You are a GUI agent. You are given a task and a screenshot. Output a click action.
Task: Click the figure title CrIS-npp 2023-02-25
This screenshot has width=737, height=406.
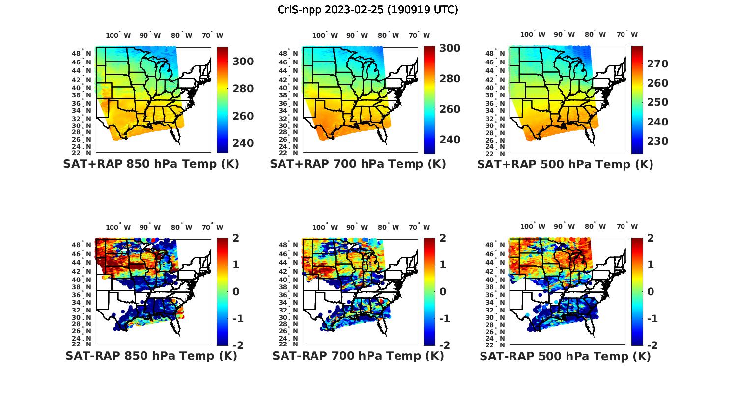click(368, 10)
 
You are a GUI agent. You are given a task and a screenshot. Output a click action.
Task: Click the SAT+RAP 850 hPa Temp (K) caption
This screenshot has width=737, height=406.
click(151, 164)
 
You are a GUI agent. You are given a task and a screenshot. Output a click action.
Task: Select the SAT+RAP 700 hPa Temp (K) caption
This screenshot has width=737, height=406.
click(358, 164)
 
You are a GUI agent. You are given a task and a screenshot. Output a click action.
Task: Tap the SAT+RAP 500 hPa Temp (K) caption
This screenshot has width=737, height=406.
click(565, 164)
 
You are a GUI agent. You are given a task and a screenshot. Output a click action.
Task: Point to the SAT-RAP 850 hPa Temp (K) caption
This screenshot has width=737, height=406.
click(151, 356)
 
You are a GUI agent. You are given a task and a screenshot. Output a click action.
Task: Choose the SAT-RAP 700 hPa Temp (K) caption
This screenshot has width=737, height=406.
click(358, 356)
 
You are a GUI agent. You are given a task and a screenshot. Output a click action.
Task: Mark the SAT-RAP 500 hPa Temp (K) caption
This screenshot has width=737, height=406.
click(565, 356)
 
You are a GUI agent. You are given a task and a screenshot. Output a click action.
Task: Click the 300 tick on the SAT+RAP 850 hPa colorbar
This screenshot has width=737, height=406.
click(243, 62)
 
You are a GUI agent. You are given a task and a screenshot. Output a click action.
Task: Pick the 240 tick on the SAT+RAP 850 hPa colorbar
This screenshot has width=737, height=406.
click(243, 143)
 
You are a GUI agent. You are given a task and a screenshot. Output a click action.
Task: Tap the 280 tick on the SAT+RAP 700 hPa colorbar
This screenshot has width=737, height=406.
click(450, 79)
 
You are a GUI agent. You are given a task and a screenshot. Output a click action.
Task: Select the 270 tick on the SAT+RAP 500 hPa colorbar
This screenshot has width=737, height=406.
click(658, 64)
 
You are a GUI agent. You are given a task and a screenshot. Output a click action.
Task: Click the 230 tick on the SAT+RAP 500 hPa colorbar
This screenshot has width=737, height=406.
click(658, 141)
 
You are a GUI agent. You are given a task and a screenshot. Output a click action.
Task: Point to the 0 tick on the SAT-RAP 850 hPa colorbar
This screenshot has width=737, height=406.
click(236, 292)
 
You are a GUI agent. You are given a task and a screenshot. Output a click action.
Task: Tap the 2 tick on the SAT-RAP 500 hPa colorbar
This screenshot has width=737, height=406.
click(651, 238)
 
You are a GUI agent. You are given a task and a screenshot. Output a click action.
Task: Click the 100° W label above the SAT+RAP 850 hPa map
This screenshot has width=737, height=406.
click(118, 35)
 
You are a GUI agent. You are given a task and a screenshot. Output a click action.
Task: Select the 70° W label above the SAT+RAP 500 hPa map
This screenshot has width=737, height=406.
click(627, 34)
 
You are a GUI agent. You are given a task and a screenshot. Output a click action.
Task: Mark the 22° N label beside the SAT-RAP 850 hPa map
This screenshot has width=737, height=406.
click(82, 344)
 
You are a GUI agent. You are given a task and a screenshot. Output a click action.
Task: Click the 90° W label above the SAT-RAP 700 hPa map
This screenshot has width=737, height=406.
click(357, 227)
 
